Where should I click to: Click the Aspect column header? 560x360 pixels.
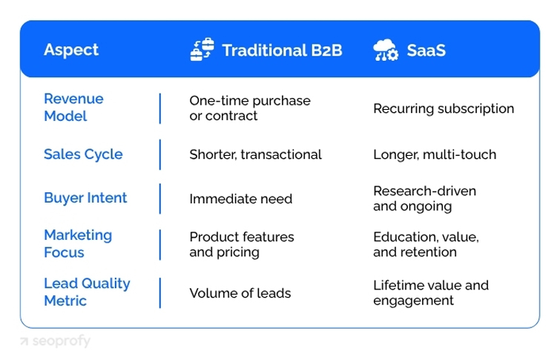71,50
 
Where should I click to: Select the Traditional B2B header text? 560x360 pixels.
282,50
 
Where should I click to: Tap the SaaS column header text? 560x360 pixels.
426,50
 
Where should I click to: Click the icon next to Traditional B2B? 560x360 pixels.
202,50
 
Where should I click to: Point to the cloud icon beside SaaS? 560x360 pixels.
386,50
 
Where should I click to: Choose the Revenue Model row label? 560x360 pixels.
73,108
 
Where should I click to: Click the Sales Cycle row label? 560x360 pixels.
83,154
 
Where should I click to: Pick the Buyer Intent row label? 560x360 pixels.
85,198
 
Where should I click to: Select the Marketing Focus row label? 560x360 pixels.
78,243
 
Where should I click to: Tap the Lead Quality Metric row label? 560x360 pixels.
87,292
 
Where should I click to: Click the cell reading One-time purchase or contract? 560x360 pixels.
249,108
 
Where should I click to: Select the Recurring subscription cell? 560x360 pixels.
443,108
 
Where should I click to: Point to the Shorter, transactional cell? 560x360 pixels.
255,154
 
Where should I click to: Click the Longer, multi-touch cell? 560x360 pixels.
434,154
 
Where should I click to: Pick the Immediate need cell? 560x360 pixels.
240,199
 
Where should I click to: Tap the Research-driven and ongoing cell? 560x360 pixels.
424,198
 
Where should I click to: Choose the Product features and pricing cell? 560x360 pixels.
242,244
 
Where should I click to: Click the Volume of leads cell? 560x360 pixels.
240,293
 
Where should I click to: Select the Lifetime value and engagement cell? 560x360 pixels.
430,292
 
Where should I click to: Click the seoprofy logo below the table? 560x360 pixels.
55,341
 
